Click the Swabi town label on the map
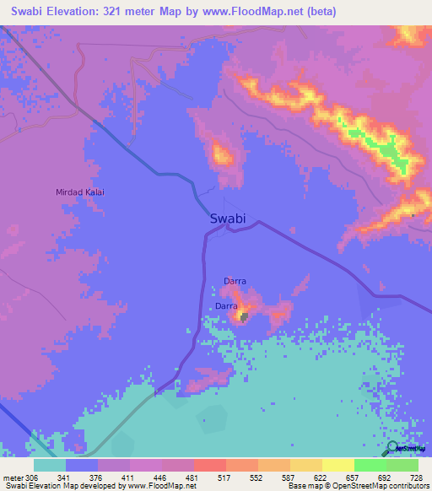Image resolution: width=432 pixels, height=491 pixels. [227, 219]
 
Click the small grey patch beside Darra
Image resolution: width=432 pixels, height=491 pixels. [244, 316]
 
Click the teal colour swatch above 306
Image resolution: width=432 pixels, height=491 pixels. [50, 465]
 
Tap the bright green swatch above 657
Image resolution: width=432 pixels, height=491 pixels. [370, 465]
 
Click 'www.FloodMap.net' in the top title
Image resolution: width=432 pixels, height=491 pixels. [258, 11]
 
